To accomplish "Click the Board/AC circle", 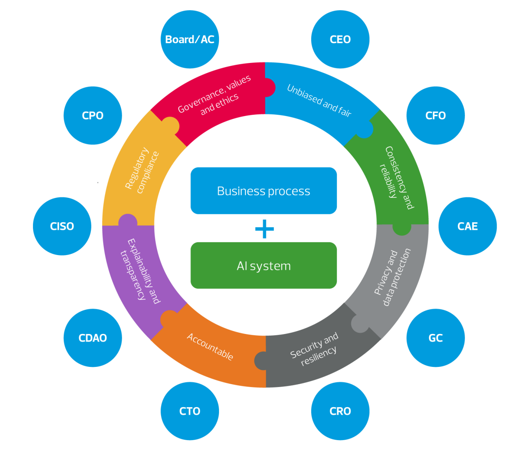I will [190, 39].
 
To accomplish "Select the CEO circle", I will [340, 39].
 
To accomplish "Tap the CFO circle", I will [436, 116].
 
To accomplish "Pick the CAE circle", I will [468, 226].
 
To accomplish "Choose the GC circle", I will [436, 338].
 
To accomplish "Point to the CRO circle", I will [340, 411].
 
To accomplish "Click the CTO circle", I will [190, 411].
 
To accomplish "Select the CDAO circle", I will [93, 338].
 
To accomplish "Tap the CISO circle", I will [62, 226].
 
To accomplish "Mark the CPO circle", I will [93, 116].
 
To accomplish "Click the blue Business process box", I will [263, 191].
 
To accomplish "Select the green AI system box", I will [263, 266].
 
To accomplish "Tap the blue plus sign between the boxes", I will [264, 229].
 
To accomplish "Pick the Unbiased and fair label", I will [319, 101].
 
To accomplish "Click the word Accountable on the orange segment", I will [210, 346].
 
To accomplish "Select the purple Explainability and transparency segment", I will [140, 271].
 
